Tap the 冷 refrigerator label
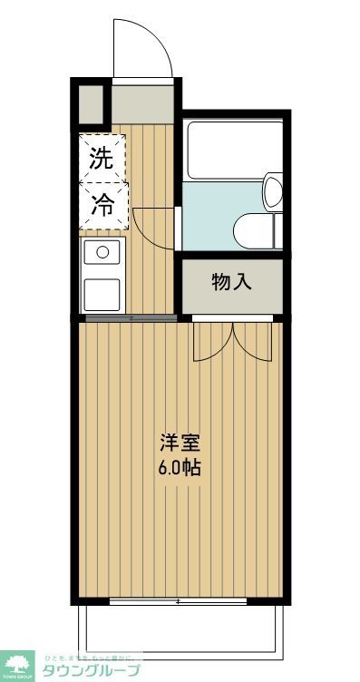(101, 206)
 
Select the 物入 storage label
(231, 282)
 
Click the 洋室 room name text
(179, 444)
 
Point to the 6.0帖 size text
(179, 469)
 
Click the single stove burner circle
(102, 251)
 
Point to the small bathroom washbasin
(274, 192)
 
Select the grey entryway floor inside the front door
(142, 102)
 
